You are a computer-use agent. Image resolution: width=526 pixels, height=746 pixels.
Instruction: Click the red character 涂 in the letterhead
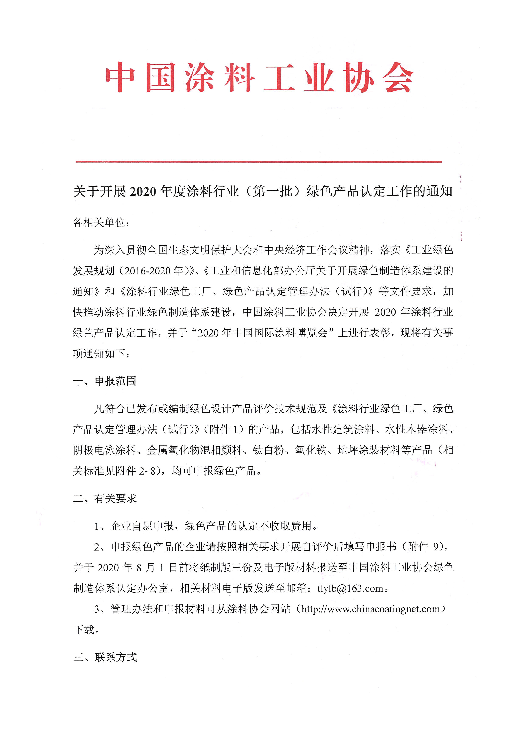coord(199,77)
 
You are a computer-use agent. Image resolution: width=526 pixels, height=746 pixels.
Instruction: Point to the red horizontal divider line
coord(259,161)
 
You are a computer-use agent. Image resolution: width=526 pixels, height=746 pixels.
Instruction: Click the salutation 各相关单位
coord(99,223)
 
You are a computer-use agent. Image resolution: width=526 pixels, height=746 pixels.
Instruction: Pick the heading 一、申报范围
coord(105,381)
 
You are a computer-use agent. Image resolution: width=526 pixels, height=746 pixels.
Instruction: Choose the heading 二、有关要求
coord(105,498)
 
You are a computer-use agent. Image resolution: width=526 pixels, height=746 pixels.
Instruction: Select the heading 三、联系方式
coord(105,657)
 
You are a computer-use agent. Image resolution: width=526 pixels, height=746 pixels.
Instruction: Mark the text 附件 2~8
coord(136,471)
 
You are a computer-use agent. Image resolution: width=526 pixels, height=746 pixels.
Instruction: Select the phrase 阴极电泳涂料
coord(105,450)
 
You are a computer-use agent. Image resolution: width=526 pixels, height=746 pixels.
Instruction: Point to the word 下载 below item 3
coord(84,630)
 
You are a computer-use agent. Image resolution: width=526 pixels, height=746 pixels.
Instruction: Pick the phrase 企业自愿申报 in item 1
coord(142,526)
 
